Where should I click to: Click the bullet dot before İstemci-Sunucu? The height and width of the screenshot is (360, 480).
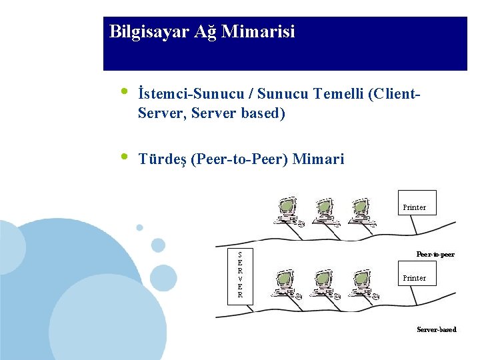point(123,92)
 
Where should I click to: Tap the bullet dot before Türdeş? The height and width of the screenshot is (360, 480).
point(123,157)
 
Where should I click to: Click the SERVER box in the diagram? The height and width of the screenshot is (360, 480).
point(240,275)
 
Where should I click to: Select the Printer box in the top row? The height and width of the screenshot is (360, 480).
point(415,207)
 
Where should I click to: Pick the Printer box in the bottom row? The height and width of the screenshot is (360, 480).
point(415,278)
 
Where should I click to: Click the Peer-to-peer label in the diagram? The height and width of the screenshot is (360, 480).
point(435,254)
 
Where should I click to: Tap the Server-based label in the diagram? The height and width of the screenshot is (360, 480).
point(436,329)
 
